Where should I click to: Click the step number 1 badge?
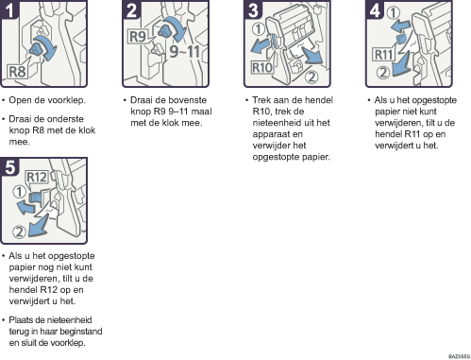coord(9,9)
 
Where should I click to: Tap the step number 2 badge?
coord(131,9)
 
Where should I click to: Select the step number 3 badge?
coord(253,9)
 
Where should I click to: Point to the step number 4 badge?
coord(375,9)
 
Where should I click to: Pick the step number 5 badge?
coord(9,166)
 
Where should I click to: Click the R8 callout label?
coord(17,72)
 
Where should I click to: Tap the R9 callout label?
coord(138,37)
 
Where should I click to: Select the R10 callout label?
coord(261,67)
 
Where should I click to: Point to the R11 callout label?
coord(384,55)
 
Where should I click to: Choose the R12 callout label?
coord(37,177)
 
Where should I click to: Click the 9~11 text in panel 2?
coord(185,51)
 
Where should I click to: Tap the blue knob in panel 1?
coord(37,50)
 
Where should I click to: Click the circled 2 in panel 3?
coord(311,77)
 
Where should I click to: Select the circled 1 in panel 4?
coord(394,12)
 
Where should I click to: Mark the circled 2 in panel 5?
coord(19,232)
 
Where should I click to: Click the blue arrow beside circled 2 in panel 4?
coord(400,64)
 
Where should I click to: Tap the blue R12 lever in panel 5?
coord(35,198)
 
